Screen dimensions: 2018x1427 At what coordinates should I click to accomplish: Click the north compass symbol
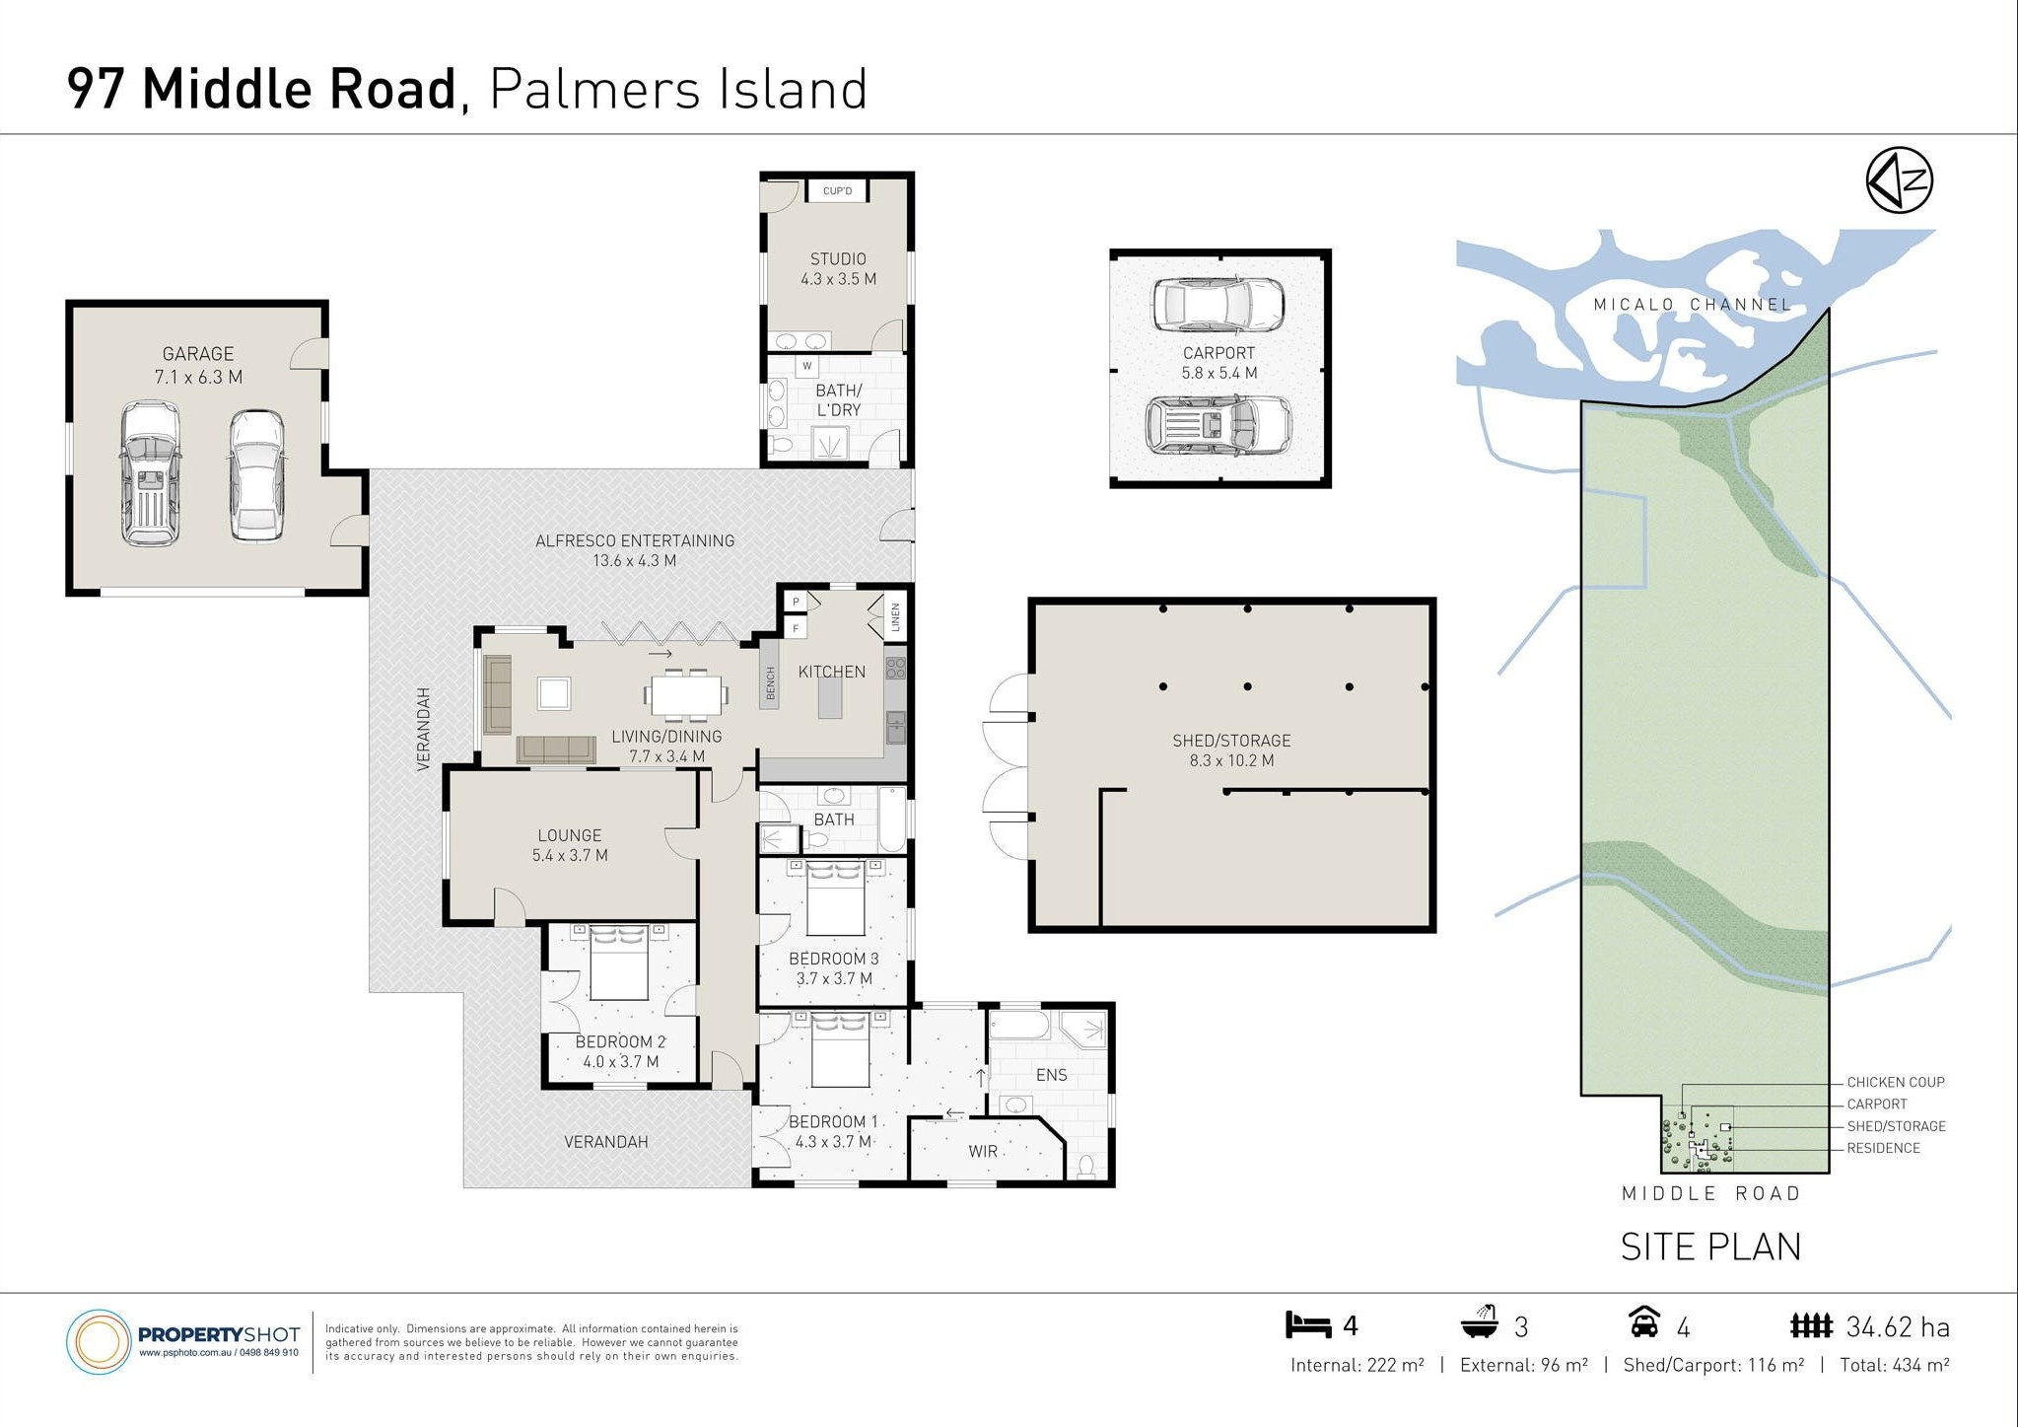coord(1899,179)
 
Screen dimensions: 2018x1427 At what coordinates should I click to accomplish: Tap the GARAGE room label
coord(198,354)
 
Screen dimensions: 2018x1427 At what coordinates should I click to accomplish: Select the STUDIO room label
coord(838,259)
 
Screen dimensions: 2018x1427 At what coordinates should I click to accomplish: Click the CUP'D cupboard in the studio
coord(837,190)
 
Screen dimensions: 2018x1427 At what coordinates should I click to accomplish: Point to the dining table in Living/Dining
coord(687,694)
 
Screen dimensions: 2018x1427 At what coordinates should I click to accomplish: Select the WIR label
coord(983,1151)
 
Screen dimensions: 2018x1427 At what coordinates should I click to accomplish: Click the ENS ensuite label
coord(1052,1075)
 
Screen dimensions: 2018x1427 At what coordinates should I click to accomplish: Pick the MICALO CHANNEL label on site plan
coord(1693,305)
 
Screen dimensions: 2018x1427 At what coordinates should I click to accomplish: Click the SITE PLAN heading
coord(1710,1247)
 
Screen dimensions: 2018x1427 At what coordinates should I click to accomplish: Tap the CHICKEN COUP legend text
coord(1896,1082)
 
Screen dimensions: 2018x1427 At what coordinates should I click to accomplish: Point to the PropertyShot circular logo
coord(99,1342)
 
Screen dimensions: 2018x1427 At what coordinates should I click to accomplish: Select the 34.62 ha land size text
coord(1898,1327)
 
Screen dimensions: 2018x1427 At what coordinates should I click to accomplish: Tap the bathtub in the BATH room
coord(891,820)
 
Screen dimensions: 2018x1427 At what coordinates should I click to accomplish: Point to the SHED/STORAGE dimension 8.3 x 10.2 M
coord(1231,760)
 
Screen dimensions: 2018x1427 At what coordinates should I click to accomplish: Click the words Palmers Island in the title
coord(678,89)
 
